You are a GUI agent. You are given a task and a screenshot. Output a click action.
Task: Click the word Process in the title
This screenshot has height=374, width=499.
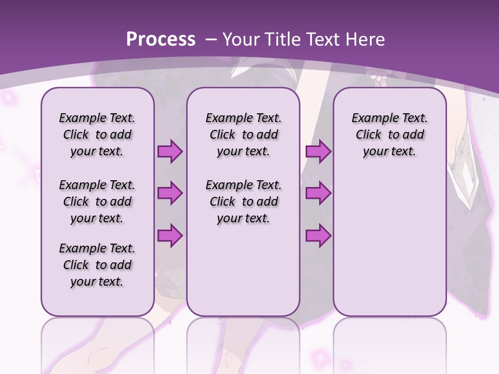[161, 39]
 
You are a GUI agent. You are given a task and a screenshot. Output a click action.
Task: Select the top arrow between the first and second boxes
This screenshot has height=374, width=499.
[170, 152]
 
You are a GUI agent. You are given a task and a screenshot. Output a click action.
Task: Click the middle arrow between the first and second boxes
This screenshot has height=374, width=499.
[170, 193]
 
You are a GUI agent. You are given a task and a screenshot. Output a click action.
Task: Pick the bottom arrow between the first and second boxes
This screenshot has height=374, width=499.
[170, 236]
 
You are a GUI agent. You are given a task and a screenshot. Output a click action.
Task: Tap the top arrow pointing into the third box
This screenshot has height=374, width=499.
[318, 152]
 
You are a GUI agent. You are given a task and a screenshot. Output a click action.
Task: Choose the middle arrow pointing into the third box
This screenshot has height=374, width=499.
[318, 193]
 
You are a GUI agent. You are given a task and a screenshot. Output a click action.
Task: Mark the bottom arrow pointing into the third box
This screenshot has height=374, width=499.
[318, 236]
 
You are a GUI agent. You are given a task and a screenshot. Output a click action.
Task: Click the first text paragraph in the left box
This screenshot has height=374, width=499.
[97, 135]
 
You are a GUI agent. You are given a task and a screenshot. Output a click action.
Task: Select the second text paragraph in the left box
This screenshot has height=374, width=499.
[97, 202]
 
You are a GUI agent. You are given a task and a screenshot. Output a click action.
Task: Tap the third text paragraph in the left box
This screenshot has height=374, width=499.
[97, 265]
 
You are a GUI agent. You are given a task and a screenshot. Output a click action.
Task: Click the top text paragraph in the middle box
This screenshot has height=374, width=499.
[243, 135]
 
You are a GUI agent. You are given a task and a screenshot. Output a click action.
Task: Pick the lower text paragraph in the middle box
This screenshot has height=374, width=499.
[243, 202]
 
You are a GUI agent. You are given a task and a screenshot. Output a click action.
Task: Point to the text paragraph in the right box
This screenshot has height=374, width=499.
[389, 135]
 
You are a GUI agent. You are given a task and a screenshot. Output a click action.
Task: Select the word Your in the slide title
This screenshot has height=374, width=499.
[240, 39]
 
